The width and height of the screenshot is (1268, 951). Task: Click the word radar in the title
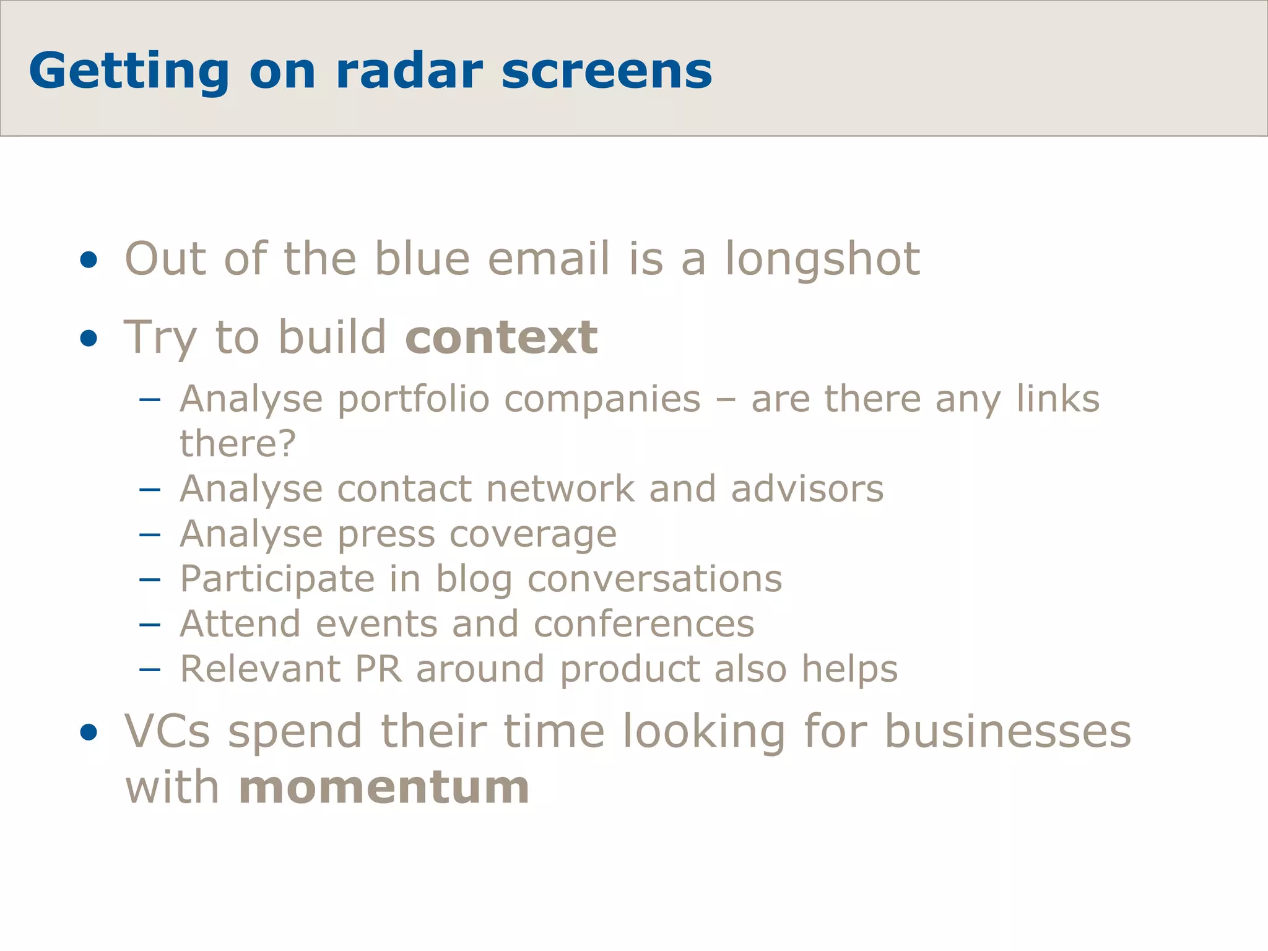click(409, 71)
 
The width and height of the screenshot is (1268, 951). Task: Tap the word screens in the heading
click(606, 71)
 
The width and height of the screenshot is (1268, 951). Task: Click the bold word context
click(502, 337)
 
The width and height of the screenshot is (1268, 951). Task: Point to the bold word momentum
click(384, 788)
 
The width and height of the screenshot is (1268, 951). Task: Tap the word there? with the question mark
click(238, 443)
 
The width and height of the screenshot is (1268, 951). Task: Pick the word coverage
click(532, 534)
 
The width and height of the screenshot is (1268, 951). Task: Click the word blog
click(474, 580)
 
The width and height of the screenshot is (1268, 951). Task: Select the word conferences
click(644, 623)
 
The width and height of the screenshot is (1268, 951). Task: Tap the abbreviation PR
click(378, 669)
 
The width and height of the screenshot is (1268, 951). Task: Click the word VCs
click(167, 732)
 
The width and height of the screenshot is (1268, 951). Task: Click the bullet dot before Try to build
click(89, 339)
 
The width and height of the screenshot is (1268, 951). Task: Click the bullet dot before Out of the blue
click(89, 260)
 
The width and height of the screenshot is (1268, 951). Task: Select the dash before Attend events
click(150, 625)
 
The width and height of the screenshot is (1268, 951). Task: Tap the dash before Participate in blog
click(150, 580)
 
